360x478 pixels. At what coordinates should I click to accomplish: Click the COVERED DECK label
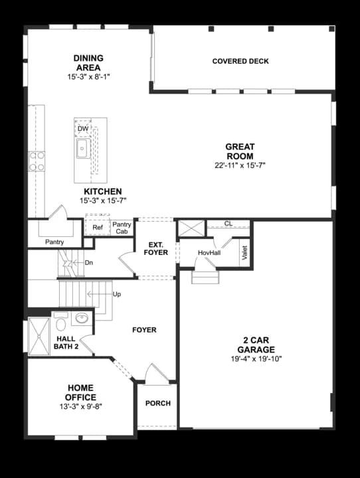240,62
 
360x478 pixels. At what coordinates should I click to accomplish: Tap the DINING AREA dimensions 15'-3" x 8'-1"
88,77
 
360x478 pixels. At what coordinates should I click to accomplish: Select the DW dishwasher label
83,129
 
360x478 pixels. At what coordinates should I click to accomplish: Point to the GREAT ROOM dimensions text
240,165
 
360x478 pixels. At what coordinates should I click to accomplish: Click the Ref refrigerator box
97,228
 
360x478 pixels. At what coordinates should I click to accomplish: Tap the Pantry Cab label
122,228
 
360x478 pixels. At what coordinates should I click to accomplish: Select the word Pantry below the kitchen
54,242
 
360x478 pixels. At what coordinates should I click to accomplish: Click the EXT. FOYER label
155,248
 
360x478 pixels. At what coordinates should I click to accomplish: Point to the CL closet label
228,224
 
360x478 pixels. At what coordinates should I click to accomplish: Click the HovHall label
209,253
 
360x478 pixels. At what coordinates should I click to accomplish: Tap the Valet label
244,252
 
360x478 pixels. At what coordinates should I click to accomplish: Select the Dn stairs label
89,263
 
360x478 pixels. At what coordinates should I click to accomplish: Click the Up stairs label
117,293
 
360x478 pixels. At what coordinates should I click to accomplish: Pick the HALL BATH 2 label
66,343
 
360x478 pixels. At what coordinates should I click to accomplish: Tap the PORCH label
157,404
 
